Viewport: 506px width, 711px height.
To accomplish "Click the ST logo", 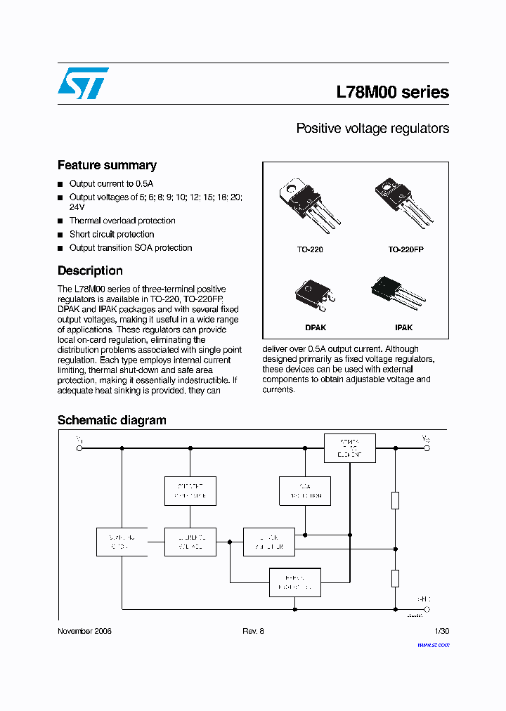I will coord(83,83).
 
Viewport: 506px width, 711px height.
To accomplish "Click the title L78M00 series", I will coord(392,92).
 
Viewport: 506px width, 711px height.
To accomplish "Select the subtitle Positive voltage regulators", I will coord(372,129).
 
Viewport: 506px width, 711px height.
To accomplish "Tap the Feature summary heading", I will coord(107,166).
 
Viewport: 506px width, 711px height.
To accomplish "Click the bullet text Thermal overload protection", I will coord(122,221).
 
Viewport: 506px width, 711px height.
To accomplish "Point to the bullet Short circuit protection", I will coord(112,235).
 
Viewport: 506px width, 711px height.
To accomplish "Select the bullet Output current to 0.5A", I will coord(111,184).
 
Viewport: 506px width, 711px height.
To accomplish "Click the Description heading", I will coord(90,271).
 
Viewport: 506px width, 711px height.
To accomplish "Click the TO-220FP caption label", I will coord(406,249).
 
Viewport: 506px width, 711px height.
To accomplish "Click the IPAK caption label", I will coord(404,327).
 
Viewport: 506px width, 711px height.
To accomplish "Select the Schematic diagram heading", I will coord(112,421).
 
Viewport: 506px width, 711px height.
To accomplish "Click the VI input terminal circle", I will coord(79,448).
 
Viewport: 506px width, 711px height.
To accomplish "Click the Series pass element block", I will coord(349,448).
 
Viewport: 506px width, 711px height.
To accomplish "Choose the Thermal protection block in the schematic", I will coord(295,582).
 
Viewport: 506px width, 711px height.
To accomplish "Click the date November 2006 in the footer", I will coord(84,632).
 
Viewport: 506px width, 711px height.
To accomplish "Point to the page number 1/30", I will coord(441,632).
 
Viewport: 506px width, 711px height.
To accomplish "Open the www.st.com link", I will coord(432,644).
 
